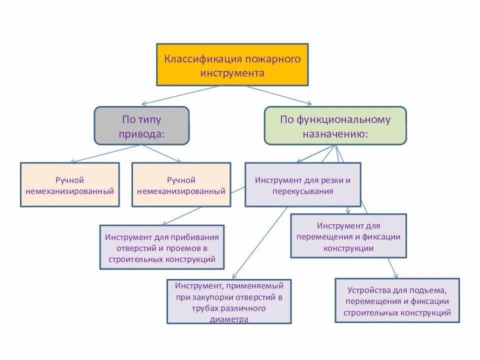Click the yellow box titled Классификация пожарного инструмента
(232, 64)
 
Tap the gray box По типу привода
(141, 125)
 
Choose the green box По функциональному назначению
(335, 125)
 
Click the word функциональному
(342, 119)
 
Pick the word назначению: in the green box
(335, 134)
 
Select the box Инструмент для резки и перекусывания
(302, 184)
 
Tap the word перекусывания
(303, 191)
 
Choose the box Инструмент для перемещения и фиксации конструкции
(348, 236)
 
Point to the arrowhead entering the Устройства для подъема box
(395, 275)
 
